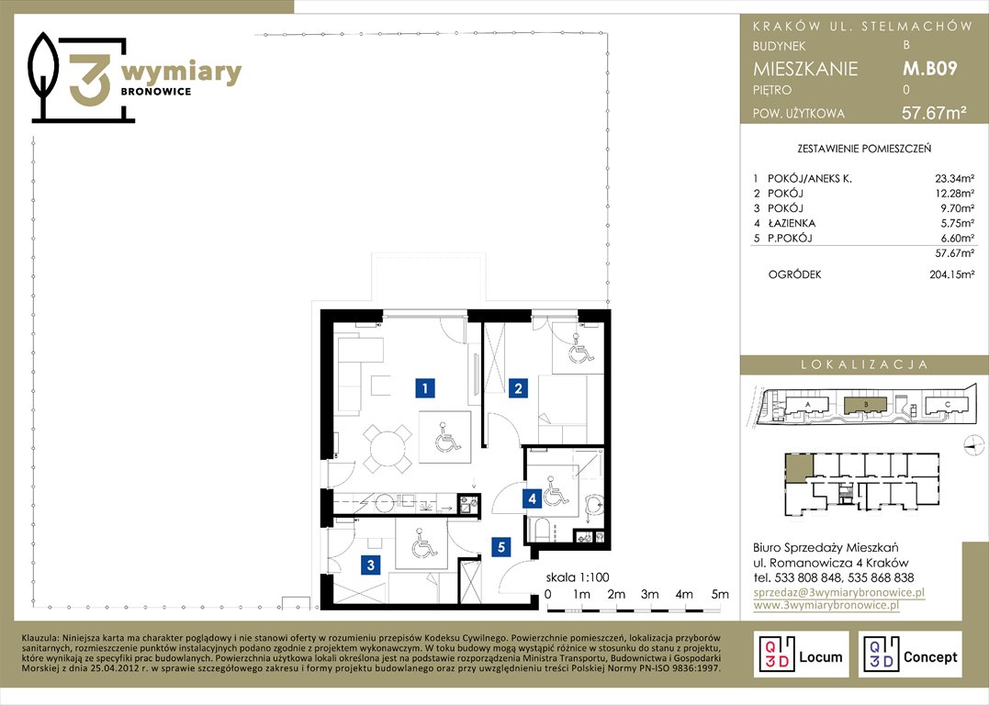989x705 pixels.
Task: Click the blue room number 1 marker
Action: (425, 387)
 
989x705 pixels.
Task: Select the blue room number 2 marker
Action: (518, 387)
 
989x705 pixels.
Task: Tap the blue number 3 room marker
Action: (371, 565)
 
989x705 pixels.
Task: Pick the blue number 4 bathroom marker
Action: (533, 498)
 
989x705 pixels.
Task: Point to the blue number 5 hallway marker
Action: (501, 547)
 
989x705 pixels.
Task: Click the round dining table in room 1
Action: (388, 449)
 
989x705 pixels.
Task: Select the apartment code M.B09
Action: (930, 68)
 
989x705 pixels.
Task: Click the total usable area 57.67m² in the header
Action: (934, 113)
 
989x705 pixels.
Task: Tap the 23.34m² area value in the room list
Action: (954, 178)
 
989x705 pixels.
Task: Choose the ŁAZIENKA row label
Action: (791, 223)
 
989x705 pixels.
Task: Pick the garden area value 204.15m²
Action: (951, 274)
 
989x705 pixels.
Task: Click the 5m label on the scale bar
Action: (720, 594)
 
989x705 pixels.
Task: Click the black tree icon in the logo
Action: (43, 74)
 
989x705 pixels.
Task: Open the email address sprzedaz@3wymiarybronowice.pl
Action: (839, 592)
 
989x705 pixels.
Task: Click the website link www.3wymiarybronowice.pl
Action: (826, 605)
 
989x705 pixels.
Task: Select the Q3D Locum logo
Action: (801, 655)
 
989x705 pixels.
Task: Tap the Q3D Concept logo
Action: (910, 655)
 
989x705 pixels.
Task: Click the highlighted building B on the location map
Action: (866, 405)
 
